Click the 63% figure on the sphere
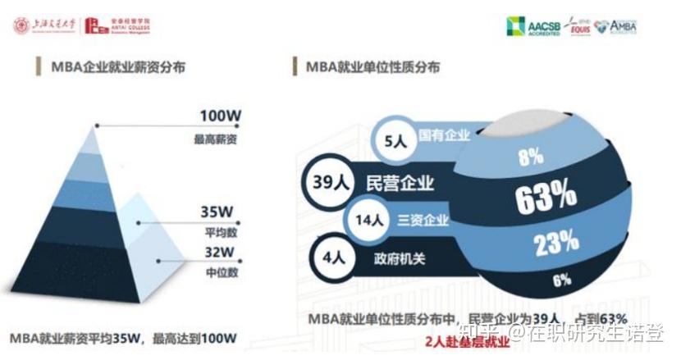point(546,197)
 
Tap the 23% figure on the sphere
point(556,244)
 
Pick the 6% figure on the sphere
point(561,280)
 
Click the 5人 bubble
point(395,139)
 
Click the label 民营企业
point(400,182)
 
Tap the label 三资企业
point(423,220)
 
